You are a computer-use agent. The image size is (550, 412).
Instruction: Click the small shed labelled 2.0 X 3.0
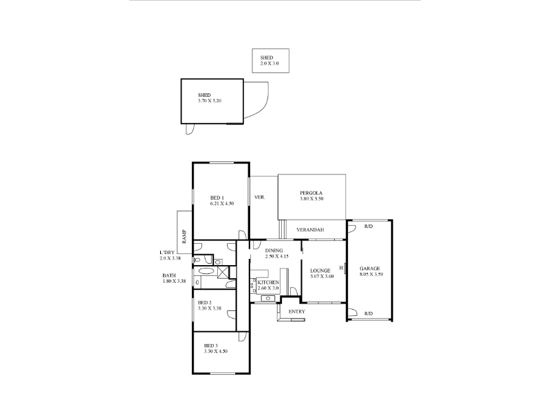point(270,60)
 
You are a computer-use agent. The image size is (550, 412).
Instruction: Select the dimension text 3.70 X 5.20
point(210,101)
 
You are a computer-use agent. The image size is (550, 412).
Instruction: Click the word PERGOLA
point(311,193)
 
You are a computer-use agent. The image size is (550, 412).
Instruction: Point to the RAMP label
point(184,236)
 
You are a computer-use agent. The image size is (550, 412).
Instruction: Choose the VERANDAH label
point(310,230)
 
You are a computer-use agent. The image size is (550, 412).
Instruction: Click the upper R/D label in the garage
point(368,227)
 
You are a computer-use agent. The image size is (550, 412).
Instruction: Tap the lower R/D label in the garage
point(368,314)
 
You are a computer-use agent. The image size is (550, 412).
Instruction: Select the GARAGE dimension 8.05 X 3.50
point(371,274)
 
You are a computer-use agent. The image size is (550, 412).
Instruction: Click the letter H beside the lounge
point(341,268)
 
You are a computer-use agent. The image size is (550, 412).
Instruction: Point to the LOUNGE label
point(320,271)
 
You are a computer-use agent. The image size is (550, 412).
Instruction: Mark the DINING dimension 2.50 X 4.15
point(277,256)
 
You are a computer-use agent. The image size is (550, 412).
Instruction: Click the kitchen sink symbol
point(268,299)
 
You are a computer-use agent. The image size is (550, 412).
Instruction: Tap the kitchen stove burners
point(253,285)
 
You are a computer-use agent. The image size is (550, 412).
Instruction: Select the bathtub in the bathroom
point(205,271)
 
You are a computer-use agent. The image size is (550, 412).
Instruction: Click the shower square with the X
point(223,272)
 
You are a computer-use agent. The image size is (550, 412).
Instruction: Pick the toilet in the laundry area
point(197,260)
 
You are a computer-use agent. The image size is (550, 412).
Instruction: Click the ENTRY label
point(297,312)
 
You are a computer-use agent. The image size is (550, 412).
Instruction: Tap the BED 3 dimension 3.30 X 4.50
point(216,352)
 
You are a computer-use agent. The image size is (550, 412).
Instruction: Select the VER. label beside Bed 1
point(260,197)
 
